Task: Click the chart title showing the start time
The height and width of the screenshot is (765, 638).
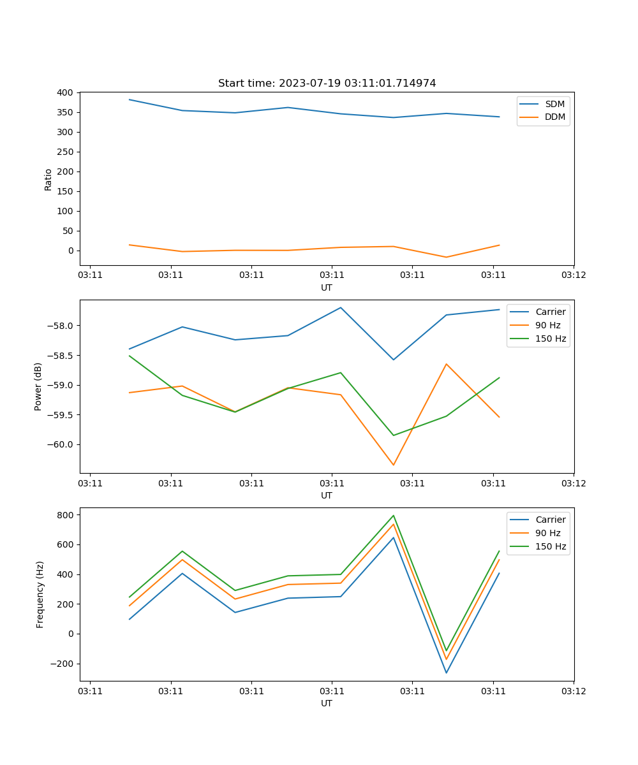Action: [327, 84]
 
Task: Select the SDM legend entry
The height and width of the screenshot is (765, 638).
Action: [554, 104]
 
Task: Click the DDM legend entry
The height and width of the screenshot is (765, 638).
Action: [554, 117]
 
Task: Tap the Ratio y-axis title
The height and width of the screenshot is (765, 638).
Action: [48, 179]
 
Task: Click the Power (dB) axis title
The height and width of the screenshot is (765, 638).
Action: [39, 386]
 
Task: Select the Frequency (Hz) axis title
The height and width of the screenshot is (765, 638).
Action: [40, 594]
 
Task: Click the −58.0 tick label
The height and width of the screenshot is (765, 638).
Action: [61, 326]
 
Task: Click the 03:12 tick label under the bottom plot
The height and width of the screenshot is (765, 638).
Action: [573, 691]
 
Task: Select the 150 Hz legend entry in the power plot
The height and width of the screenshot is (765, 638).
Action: [551, 339]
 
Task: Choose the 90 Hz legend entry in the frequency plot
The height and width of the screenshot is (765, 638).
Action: [548, 533]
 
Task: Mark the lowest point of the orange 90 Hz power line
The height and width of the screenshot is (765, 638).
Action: [393, 465]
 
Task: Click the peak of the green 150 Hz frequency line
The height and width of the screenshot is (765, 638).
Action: [393, 516]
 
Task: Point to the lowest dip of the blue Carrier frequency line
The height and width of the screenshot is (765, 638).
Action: [446, 673]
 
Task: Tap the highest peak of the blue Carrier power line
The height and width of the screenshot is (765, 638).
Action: [341, 307]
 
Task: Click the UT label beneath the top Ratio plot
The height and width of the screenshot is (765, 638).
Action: [327, 288]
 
